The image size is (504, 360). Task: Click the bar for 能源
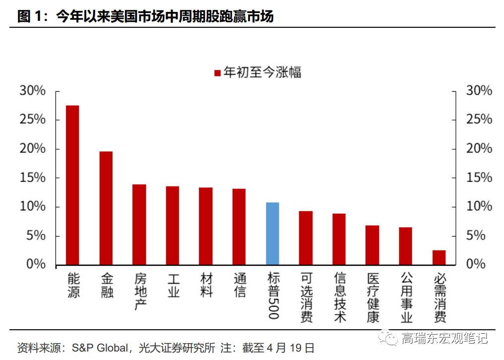coord(73,184)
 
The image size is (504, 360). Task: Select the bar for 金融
coord(106,207)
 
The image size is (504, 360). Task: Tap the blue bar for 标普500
coord(272,233)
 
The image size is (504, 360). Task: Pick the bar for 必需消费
coord(439,257)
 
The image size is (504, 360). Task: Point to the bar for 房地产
coord(139,224)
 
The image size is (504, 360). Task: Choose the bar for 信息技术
coord(339,239)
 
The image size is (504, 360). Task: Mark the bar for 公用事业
coord(406,245)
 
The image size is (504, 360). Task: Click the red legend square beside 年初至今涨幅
coord(217,73)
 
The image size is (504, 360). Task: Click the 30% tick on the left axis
coord(32,91)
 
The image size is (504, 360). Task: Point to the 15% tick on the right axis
coord(479,178)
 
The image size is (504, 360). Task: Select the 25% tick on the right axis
coord(479,120)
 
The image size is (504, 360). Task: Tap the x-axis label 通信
coord(240,285)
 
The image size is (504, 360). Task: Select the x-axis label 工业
coord(173,285)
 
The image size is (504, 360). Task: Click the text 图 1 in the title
coord(31,17)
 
